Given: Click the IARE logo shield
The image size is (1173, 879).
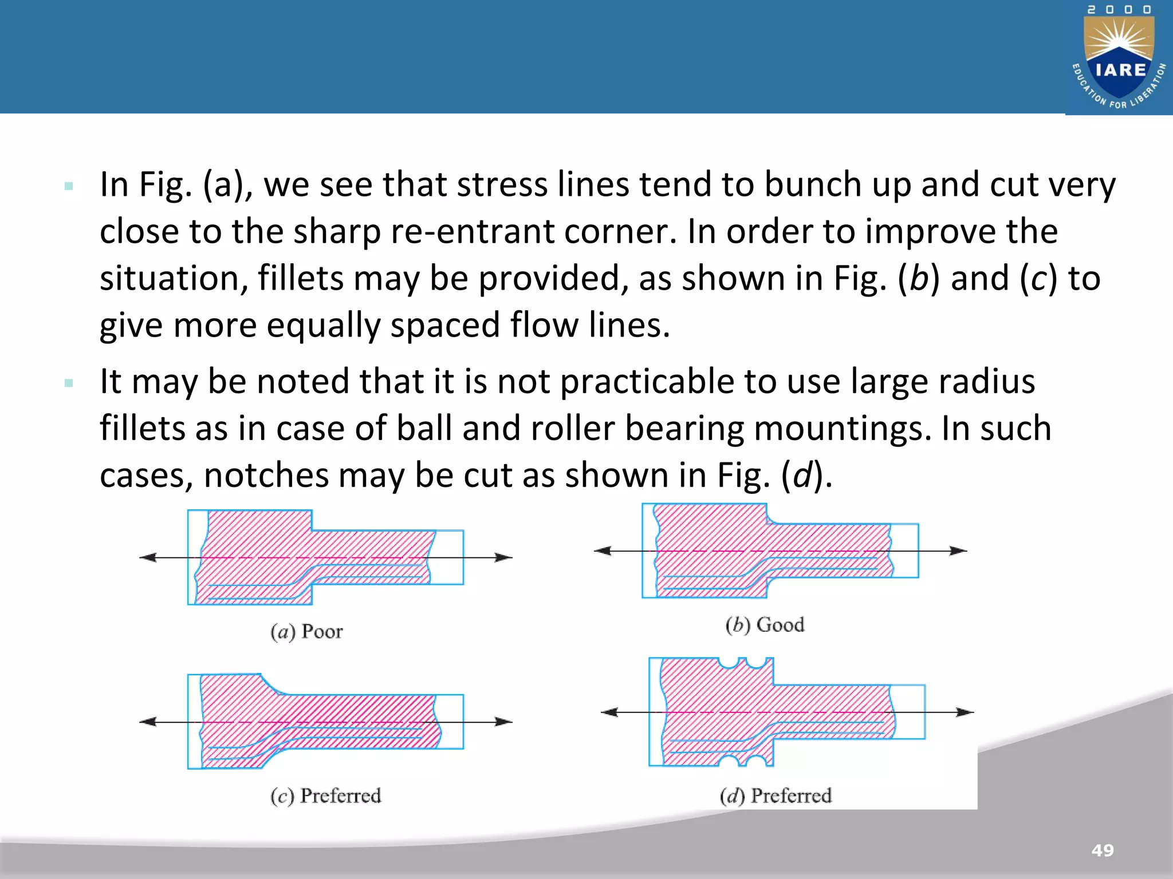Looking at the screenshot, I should click(x=1120, y=60).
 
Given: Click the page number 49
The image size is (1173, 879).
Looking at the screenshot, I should click(x=1103, y=850).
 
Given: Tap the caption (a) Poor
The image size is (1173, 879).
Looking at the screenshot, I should click(x=306, y=631).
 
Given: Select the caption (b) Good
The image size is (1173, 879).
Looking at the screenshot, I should click(x=765, y=624).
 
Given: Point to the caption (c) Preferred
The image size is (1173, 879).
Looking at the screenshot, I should click(x=325, y=795).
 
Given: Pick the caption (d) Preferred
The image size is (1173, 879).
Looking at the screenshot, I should click(x=776, y=795).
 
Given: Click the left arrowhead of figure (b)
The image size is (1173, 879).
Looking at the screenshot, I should click(x=603, y=551).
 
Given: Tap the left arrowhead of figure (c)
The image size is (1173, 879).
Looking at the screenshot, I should click(x=148, y=722).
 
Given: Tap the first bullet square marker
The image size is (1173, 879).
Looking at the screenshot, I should click(x=69, y=186).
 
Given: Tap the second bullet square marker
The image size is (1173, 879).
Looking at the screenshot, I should click(x=69, y=383).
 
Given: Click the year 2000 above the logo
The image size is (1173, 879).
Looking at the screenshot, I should click(x=1119, y=10).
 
